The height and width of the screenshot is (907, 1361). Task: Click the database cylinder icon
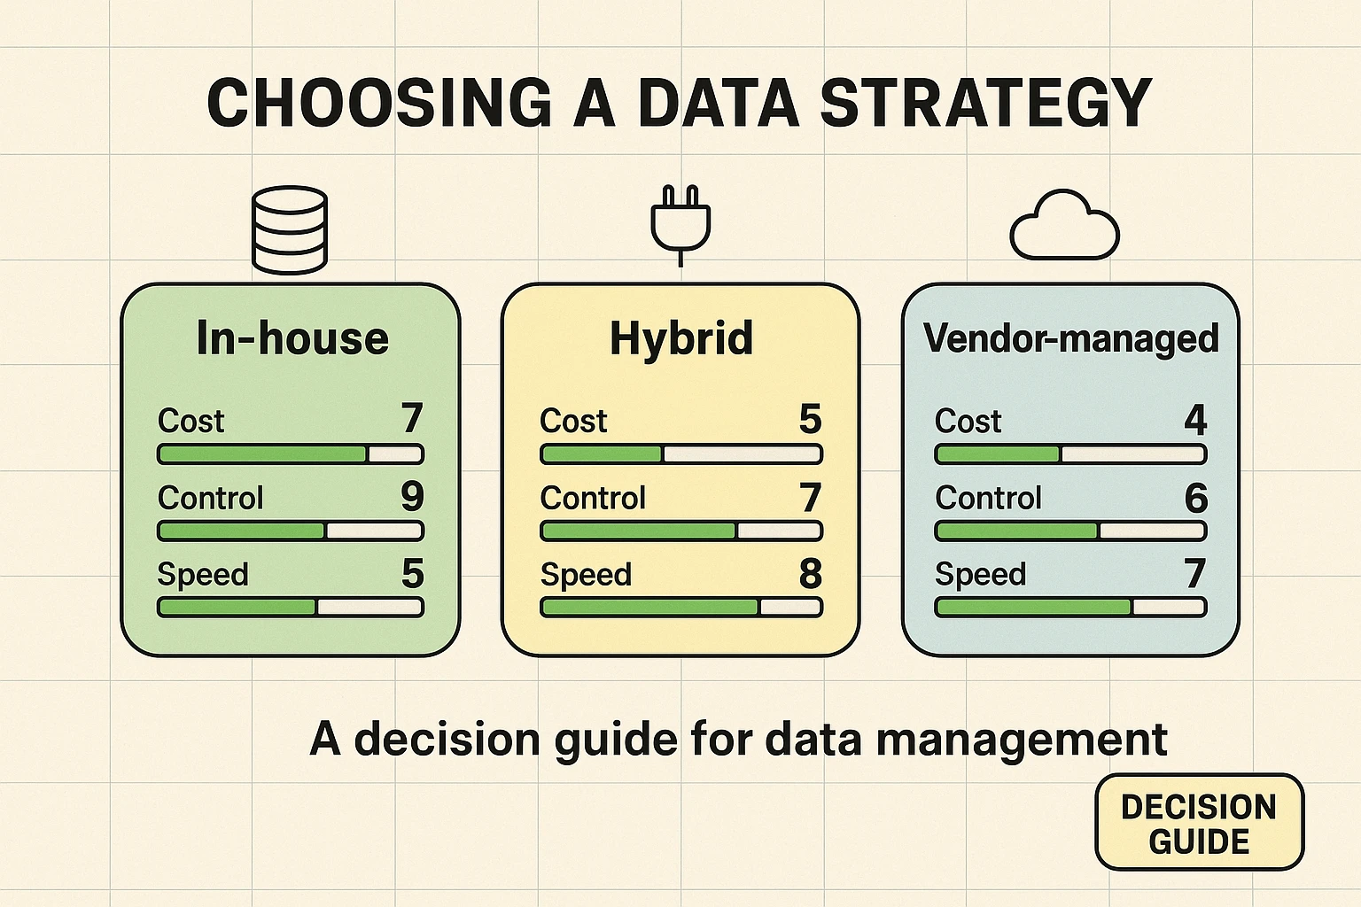click(290, 229)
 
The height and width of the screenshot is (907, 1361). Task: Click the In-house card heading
click(292, 338)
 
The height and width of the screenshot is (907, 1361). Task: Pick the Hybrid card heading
click(681, 338)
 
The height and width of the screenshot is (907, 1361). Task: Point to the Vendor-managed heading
click(1071, 338)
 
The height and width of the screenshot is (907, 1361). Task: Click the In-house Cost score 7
click(412, 419)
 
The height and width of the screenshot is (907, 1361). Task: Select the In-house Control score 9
click(412, 497)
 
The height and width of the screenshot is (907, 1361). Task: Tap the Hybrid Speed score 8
click(810, 574)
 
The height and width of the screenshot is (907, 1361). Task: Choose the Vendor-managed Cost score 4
click(1195, 419)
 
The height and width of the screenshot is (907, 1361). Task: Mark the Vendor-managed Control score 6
click(1195, 498)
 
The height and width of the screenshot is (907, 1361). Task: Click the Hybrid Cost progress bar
click(681, 454)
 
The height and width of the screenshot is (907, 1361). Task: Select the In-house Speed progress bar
click(291, 608)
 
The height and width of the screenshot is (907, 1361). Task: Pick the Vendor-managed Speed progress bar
click(1070, 608)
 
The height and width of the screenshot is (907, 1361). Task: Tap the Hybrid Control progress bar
click(681, 531)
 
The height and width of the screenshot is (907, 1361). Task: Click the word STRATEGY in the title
click(985, 104)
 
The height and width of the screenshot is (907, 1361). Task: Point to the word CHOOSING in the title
click(379, 104)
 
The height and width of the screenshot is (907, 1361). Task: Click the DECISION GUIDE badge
click(1199, 823)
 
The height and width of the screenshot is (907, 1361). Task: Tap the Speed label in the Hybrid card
click(586, 575)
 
